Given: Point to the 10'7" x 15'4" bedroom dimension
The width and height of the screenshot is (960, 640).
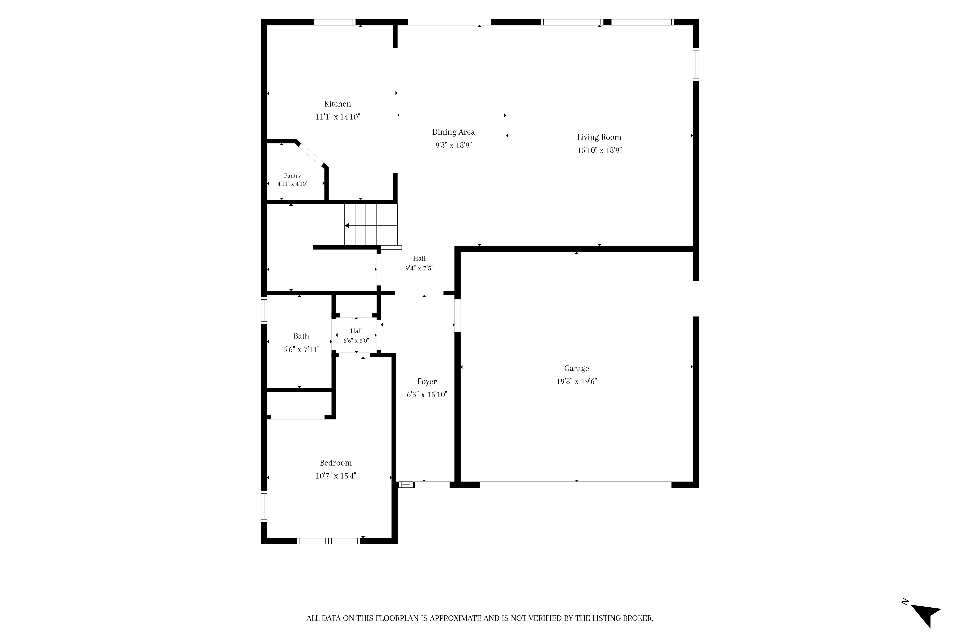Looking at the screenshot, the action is [336, 476].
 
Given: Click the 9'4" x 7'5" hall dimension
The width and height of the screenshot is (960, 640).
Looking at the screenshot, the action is [419, 268].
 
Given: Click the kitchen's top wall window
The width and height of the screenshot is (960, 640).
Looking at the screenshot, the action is [335, 22].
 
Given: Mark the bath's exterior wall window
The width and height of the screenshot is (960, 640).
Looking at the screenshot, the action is [264, 310].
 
